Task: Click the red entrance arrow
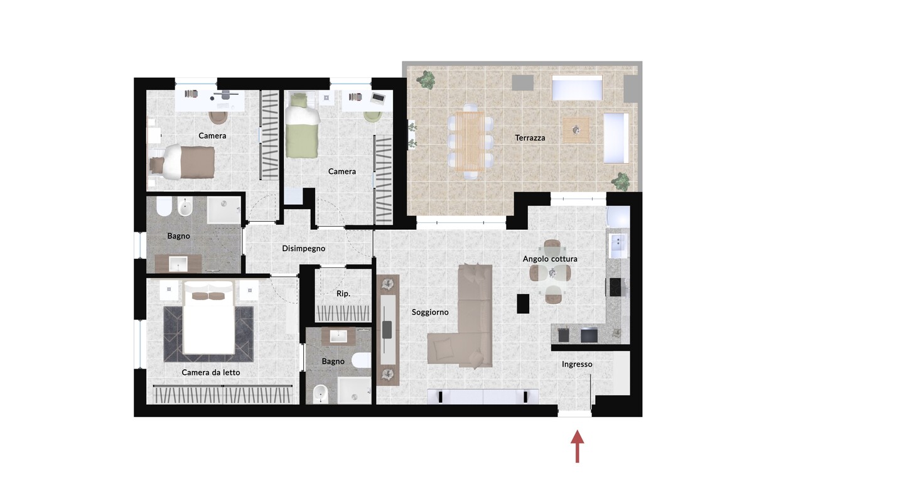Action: click(578, 446)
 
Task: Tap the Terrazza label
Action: click(530, 138)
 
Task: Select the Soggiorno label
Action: click(430, 312)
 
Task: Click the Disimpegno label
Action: click(303, 249)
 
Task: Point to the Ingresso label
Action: click(577, 364)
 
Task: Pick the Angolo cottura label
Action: click(550, 259)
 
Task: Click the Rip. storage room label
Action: click(343, 294)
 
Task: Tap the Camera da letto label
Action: click(211, 372)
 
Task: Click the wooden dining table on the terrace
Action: click(470, 141)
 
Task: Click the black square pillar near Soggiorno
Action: click(523, 303)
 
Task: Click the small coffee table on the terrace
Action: click(576, 130)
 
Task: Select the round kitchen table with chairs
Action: click(551, 272)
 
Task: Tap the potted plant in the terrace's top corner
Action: click(426, 80)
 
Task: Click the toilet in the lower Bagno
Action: click(361, 360)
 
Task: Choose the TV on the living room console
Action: click(387, 330)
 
